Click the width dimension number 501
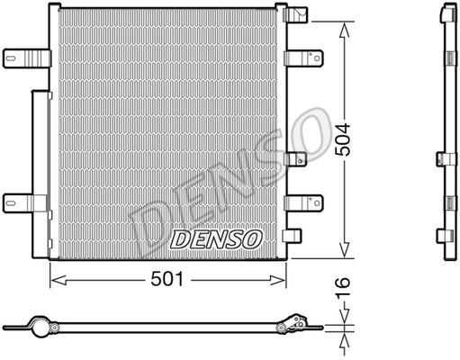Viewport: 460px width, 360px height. coord(167,279)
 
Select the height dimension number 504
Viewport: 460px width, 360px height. coord(343,139)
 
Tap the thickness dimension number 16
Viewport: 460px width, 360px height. coord(343,288)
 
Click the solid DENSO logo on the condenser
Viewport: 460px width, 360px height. coord(216,239)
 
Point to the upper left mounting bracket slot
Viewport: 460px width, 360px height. coord(11,58)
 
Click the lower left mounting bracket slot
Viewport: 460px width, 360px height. coord(11,203)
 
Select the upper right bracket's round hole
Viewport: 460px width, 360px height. coord(317,58)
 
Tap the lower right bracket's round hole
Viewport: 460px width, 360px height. coord(317,203)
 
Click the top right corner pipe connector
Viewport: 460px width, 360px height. coord(295,14)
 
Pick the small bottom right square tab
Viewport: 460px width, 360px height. coord(292,235)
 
